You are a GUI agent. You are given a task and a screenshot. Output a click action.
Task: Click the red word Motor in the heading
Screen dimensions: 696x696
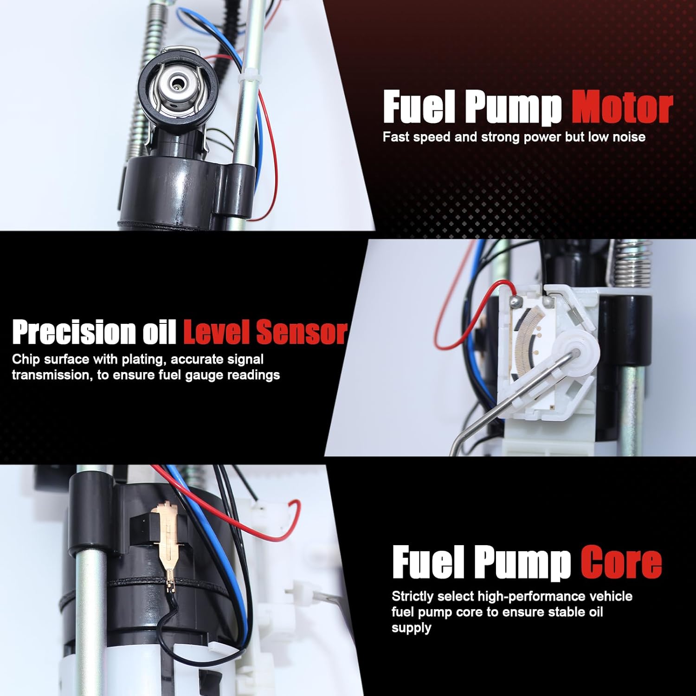point(622,107)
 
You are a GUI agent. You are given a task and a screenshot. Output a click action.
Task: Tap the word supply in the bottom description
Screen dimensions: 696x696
point(411,628)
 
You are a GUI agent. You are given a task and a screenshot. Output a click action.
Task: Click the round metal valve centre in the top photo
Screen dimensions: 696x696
point(177,84)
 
